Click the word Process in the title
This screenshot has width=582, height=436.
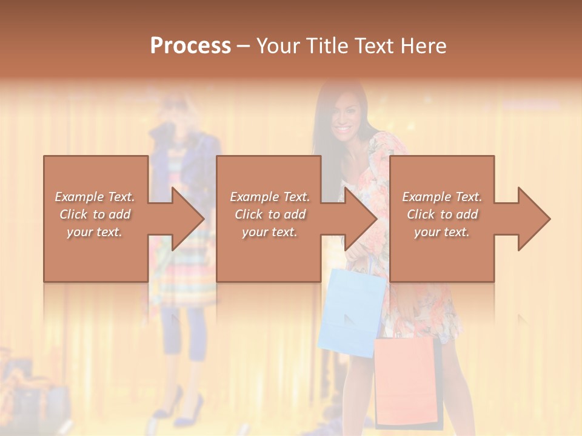[x=190, y=46]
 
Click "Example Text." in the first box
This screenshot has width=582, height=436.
[x=95, y=197]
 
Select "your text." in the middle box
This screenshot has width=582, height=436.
[x=269, y=232]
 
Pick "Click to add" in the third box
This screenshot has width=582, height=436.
[x=442, y=214]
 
